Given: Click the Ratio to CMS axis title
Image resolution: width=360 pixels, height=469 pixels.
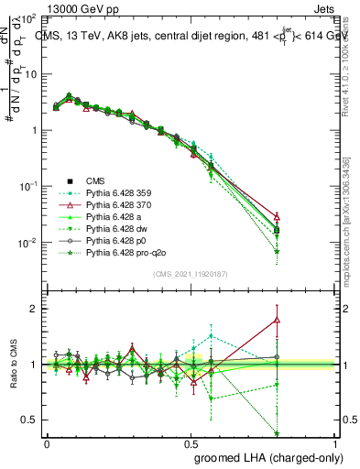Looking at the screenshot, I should click(12, 364).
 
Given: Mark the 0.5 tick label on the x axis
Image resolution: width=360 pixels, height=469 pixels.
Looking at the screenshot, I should click(191, 442).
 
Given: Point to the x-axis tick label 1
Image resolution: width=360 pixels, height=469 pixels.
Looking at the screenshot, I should click(336, 442).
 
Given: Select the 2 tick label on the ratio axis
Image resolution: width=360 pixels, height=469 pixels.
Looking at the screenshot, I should click(33, 309).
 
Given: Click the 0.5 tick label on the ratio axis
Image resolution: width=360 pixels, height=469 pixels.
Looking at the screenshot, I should click(30, 420).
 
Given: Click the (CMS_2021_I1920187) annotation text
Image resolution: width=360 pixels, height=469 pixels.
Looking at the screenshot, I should click(191, 274).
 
